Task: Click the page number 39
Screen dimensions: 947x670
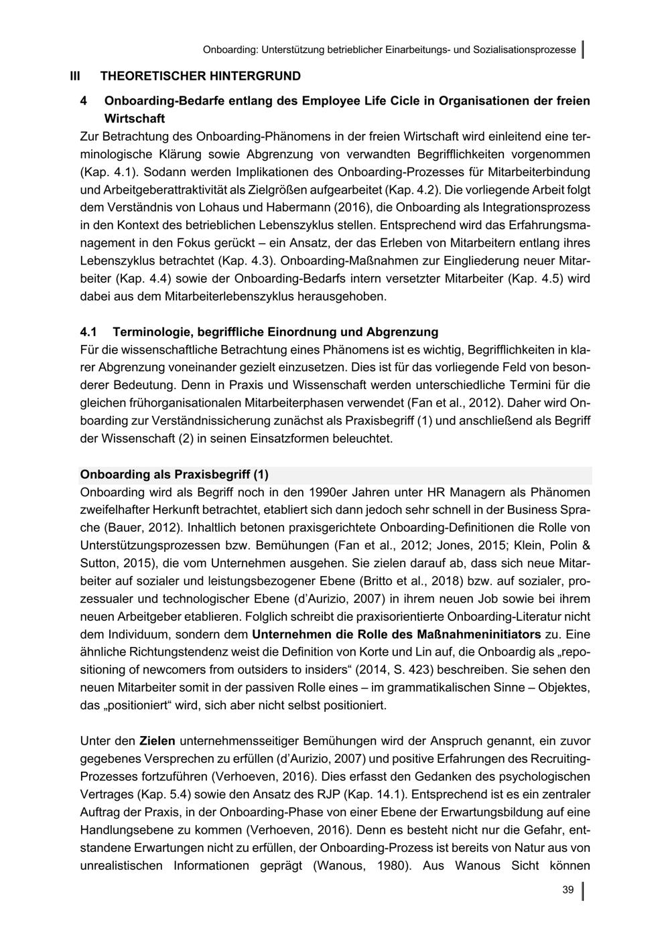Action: tap(567, 889)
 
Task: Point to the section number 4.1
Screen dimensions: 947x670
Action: tap(88, 332)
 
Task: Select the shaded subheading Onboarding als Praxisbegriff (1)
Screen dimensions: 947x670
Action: tap(174, 475)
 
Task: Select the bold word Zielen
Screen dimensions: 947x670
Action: tap(157, 741)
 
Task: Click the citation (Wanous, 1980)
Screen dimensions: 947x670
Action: tap(361, 865)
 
